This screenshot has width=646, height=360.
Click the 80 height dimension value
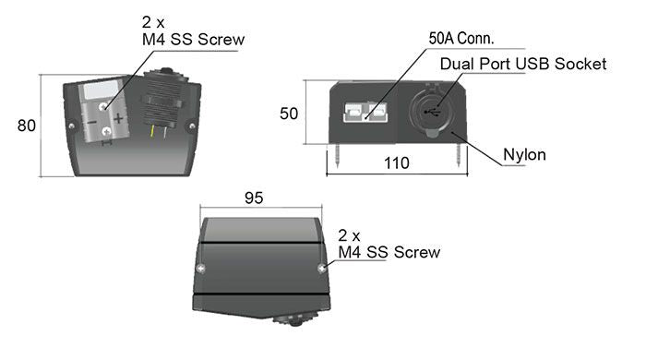point(27,126)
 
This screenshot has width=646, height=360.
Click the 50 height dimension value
point(288,114)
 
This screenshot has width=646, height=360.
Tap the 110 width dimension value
point(397,163)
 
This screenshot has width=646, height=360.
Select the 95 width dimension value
point(254,198)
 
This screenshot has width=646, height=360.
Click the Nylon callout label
point(524,155)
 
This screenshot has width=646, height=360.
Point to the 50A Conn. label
point(461,38)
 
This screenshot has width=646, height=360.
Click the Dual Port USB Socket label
point(523,64)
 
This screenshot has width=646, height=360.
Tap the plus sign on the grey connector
point(119,119)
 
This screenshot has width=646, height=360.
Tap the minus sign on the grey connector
point(91,122)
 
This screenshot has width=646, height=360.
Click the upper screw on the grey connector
point(103,107)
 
